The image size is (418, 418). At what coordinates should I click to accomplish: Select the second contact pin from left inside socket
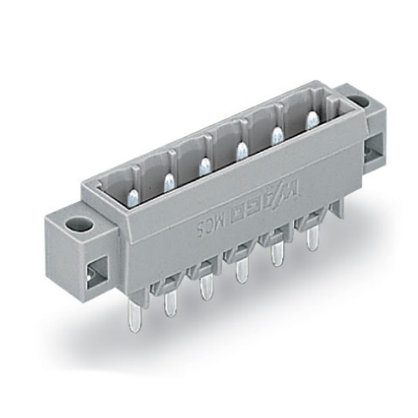pos(204,167)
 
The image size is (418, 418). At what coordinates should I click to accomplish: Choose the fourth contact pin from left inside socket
pos(276,136)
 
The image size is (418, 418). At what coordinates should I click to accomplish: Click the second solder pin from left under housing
pos(171,302)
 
